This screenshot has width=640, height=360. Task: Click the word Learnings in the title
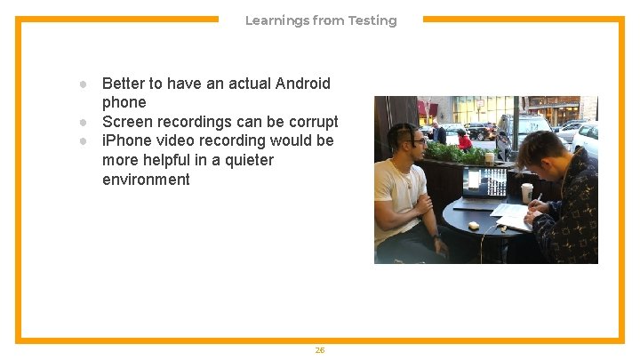276,20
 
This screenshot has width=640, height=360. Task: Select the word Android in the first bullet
302,84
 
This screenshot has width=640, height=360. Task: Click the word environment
146,180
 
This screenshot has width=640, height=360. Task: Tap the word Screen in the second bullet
126,122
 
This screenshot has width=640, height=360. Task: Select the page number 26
320,350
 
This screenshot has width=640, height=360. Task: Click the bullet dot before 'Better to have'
82,84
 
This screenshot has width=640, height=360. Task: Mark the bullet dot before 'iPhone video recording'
82,141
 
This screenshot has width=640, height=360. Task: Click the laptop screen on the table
484,182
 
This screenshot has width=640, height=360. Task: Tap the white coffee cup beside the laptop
526,192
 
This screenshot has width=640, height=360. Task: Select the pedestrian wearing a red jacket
463,140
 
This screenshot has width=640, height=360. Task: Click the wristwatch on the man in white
436,238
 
